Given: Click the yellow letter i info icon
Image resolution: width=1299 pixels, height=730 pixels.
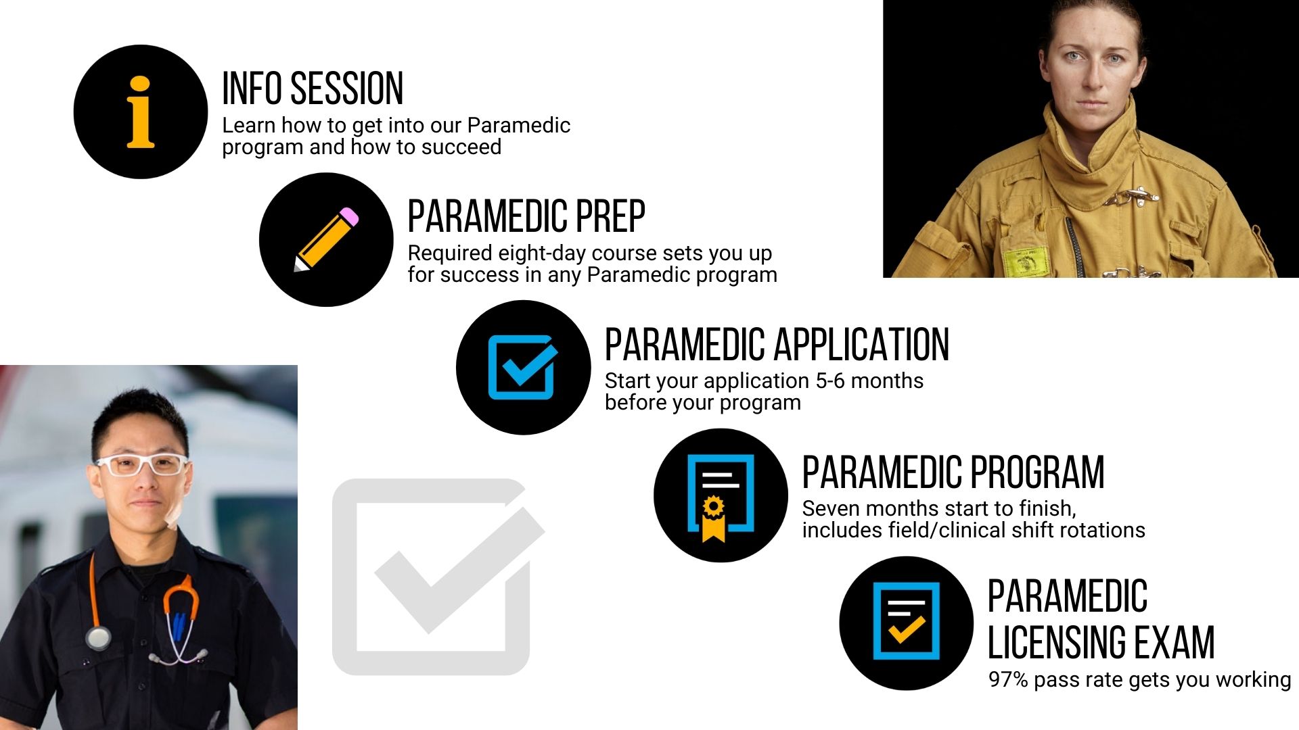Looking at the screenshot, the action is pyautogui.click(x=141, y=112).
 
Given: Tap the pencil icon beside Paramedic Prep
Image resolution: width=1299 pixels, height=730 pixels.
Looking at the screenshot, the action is pyautogui.click(x=326, y=239).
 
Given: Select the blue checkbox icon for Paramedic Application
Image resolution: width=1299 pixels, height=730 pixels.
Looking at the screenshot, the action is pyautogui.click(x=523, y=366).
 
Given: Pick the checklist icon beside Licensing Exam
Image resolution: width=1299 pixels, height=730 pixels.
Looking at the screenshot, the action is pyautogui.click(x=907, y=620).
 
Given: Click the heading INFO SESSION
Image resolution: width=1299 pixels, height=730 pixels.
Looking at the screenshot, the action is pyautogui.click(x=313, y=89).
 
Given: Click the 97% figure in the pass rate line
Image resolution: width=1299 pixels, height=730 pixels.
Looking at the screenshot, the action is pyautogui.click(x=1008, y=679).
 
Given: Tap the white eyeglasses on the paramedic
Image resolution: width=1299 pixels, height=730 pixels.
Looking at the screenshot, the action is pyautogui.click(x=142, y=464).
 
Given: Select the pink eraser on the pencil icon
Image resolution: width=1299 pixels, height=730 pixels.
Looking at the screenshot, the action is pyautogui.click(x=350, y=216).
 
